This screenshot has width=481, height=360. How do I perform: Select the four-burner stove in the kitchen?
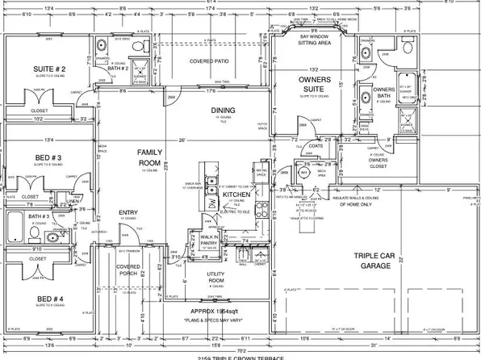(261, 208)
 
